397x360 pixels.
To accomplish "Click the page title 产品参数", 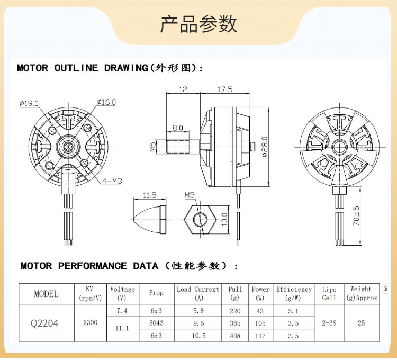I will pos(198,24).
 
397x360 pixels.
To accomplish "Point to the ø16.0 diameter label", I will pos(106,102).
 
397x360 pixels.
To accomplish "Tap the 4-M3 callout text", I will pos(112,181).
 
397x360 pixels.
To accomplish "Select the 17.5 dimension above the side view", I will pos(224,90).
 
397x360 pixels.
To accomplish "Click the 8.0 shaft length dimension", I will pos(177,128).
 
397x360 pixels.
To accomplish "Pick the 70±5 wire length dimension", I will pos(356,216).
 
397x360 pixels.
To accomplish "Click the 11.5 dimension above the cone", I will pos(150,195).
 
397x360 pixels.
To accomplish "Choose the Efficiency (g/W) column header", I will pos(294,293).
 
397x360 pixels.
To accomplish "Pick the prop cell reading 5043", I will pos(156,323).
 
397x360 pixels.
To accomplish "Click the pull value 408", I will pos(235,336).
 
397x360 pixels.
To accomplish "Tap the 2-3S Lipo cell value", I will pos(329,322).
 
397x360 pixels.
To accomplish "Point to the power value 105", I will pos(260,323).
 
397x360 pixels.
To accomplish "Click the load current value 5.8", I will pos(198,311).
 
